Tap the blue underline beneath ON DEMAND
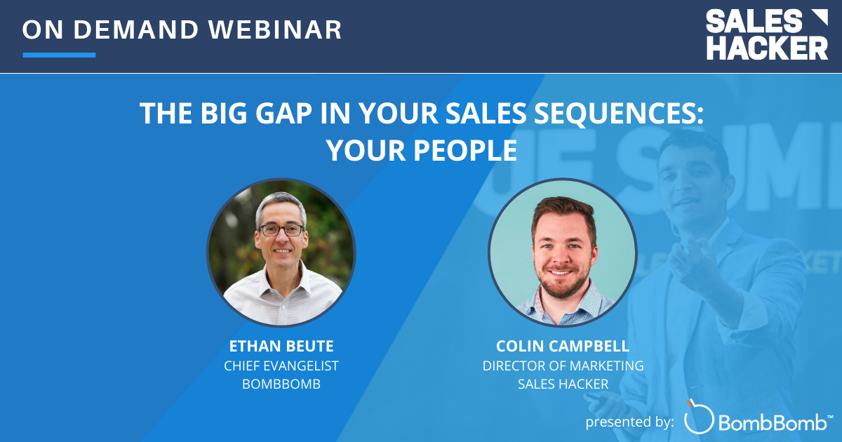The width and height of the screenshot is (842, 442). pos(59,55)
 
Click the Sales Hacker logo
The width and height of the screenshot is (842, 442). pos(766,34)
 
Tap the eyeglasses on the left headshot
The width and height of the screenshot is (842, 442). pos(281,229)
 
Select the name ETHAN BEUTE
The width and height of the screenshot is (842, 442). pos(281,346)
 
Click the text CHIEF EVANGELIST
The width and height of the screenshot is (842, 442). pos(281,366)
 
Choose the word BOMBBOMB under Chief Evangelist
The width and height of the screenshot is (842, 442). pos(281,384)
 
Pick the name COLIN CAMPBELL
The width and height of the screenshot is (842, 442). pos(563,346)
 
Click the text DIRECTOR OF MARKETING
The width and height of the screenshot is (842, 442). pos(563,366)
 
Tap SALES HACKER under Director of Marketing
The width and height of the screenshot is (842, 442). pos(563,384)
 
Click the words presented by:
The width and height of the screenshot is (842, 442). pos(629,421)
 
